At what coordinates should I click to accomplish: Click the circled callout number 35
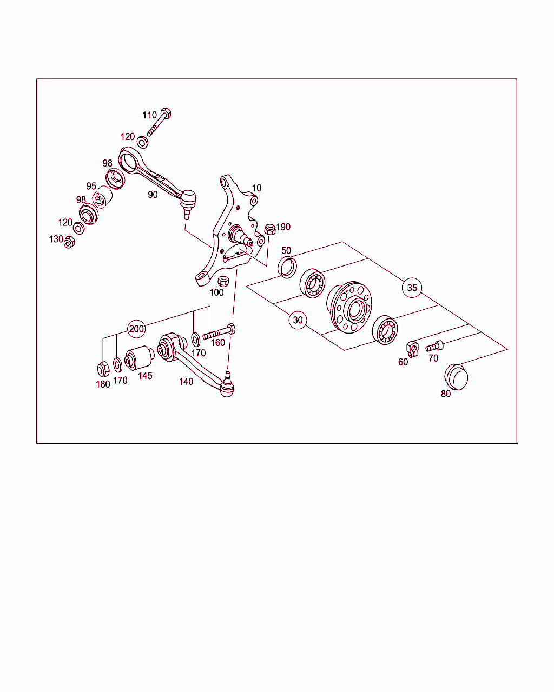tap(412, 288)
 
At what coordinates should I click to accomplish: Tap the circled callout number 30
tap(298, 320)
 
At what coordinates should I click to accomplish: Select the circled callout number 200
tap(136, 329)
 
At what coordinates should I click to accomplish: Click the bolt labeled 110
tap(159, 122)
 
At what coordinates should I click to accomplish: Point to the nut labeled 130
tap(69, 242)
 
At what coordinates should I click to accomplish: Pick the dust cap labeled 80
tap(456, 377)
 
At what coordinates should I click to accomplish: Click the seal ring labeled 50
tap(287, 267)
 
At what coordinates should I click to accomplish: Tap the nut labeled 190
tap(270, 229)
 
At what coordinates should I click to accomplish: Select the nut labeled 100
tap(223, 281)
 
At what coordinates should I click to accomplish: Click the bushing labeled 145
tap(140, 357)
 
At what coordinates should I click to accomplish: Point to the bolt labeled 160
tap(219, 331)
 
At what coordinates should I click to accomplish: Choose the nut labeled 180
tap(103, 369)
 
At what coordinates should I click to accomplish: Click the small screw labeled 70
tap(434, 347)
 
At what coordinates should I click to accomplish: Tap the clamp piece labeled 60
tap(412, 349)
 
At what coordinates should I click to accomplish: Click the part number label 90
tap(153, 195)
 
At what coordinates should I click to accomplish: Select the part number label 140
tap(186, 381)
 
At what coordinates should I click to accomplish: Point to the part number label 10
tap(256, 188)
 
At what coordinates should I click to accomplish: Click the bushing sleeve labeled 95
tap(102, 197)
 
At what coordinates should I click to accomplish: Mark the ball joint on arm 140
tap(227, 386)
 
